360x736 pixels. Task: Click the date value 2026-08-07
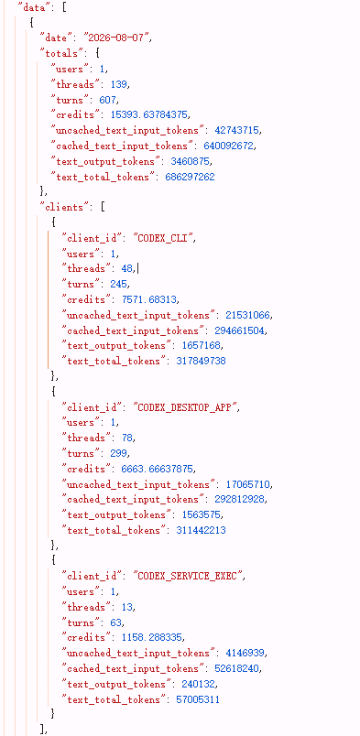[x=117, y=38]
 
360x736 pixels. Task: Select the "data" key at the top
[x=34, y=7]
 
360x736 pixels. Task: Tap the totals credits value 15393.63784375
[x=150, y=114]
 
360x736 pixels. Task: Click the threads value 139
[x=119, y=84]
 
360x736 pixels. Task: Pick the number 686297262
[x=190, y=177]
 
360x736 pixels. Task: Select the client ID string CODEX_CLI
[x=164, y=238]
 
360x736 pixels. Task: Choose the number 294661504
[x=240, y=330]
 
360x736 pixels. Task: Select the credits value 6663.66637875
[x=153, y=469]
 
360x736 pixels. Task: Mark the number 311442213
[x=201, y=530]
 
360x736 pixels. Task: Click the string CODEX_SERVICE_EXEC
[x=187, y=576]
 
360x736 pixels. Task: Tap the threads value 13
[x=127, y=607]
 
